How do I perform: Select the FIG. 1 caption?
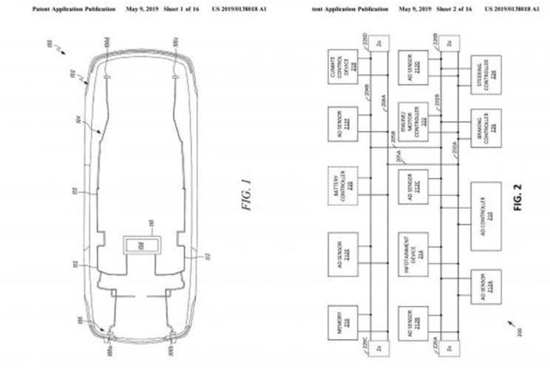coord(246,194)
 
